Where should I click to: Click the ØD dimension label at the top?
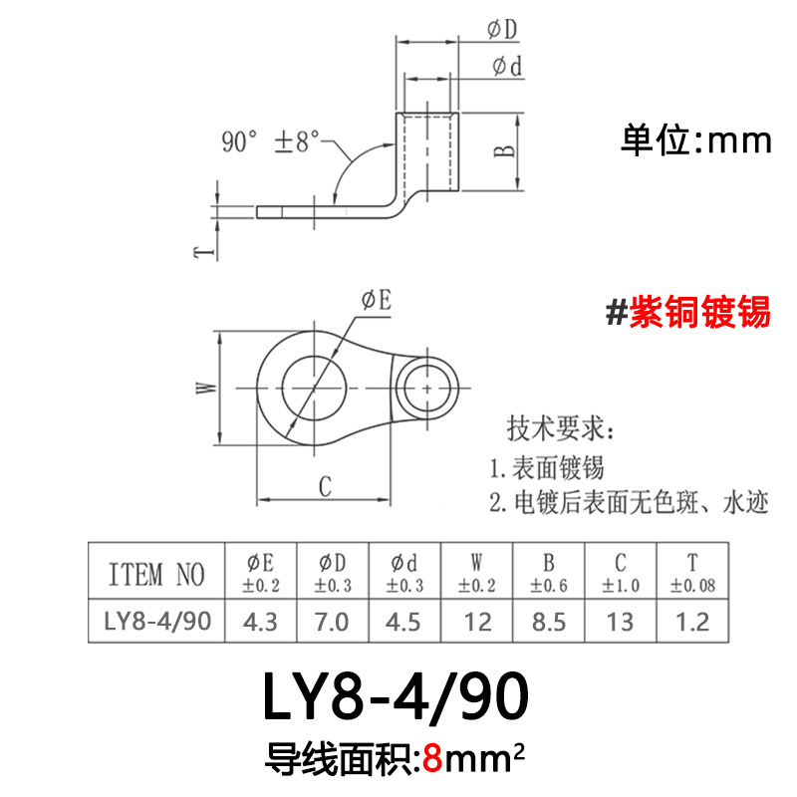tap(503, 31)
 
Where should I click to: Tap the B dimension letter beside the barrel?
tap(506, 149)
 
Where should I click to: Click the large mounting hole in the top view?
tap(316, 386)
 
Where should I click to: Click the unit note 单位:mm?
tap(696, 140)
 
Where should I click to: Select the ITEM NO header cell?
tap(156, 574)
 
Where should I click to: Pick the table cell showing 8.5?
tap(548, 623)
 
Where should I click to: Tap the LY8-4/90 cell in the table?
tap(156, 623)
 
